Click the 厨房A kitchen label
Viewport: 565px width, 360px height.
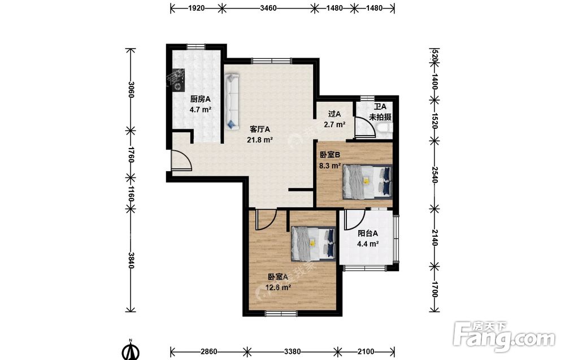pyautogui.click(x=201, y=99)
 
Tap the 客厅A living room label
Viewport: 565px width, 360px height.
pyautogui.click(x=260, y=129)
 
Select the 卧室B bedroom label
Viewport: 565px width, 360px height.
pyautogui.click(x=330, y=155)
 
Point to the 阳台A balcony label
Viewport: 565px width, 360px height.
pyautogui.click(x=368, y=233)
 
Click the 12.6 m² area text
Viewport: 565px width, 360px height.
pyautogui.click(x=278, y=288)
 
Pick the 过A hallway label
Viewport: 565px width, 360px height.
pyautogui.click(x=334, y=114)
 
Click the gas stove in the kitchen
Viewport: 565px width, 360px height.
pyautogui.click(x=178, y=80)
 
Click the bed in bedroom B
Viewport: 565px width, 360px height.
pyautogui.click(x=367, y=181)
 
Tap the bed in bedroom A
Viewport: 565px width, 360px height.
pyautogui.click(x=314, y=244)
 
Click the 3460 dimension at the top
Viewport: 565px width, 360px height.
pyautogui.click(x=268, y=8)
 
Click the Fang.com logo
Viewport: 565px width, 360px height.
pyautogui.click(x=504, y=336)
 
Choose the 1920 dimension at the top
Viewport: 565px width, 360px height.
pyautogui.click(x=197, y=8)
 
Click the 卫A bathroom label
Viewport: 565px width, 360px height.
pyautogui.click(x=380, y=107)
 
